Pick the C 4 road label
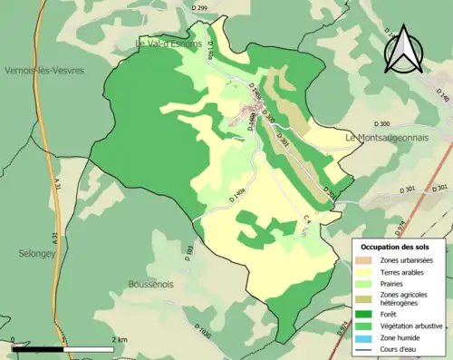[x=307, y=219]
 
